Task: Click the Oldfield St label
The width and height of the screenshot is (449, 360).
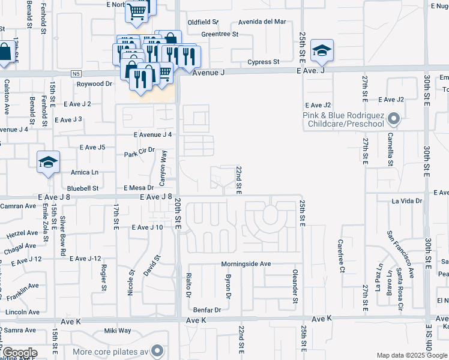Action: [x=203, y=22]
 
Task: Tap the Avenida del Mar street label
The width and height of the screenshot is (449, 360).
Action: [x=262, y=22]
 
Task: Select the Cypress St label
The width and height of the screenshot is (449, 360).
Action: [x=264, y=62]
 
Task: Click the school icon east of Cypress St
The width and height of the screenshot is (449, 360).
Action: [x=322, y=52]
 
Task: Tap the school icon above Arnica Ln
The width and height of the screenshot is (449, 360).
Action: [x=48, y=163]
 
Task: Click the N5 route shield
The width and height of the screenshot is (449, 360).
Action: [x=74, y=73]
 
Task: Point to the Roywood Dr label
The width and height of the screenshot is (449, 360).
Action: [x=94, y=85]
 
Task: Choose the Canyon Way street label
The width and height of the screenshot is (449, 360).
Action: [x=162, y=167]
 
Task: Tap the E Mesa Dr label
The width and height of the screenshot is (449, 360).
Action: [x=139, y=188]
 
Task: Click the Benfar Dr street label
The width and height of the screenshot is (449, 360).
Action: [x=207, y=310]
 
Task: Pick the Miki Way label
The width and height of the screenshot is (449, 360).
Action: [x=118, y=331]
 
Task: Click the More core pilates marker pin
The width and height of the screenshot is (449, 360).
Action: [x=158, y=350]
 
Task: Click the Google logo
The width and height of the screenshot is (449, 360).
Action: [x=20, y=353]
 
